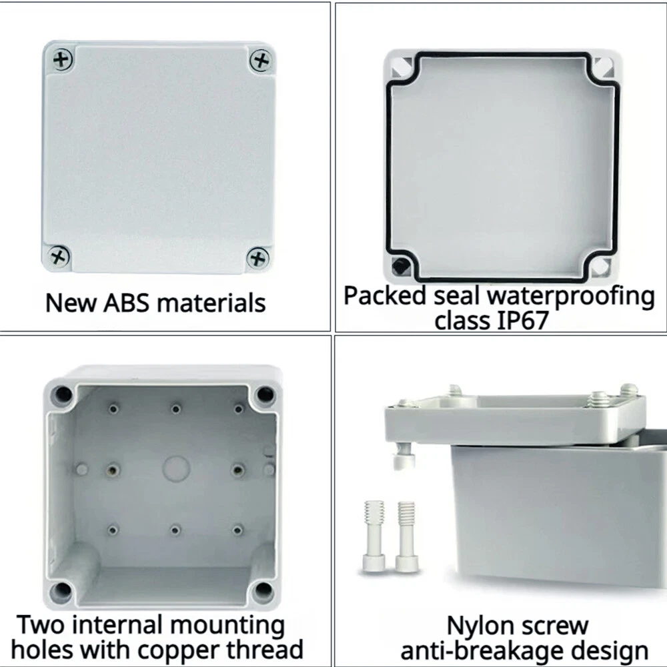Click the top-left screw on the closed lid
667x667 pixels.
coord(63,59)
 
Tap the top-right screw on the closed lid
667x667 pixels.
coord(260,61)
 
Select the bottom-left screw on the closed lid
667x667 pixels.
coord(59,256)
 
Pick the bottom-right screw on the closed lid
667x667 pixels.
coord(257,257)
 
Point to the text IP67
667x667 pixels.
coord(522,321)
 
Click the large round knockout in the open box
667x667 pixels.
coord(176,469)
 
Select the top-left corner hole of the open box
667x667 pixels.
coord(61,394)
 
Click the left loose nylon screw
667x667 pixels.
coord(374,536)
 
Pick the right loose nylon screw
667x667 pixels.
coord(406,536)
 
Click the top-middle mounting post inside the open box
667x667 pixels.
coord(175,409)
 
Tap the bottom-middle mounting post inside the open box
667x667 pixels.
coord(175,530)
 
